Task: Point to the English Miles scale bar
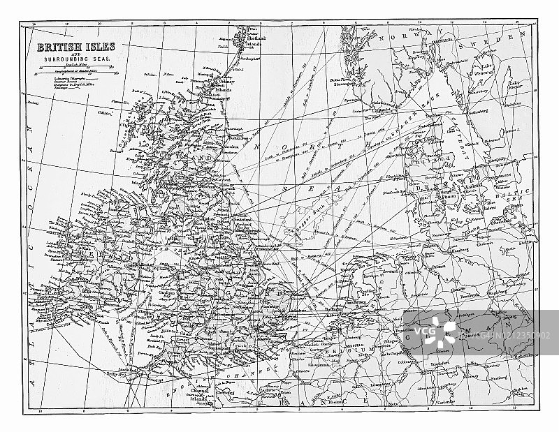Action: coord(70,66)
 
